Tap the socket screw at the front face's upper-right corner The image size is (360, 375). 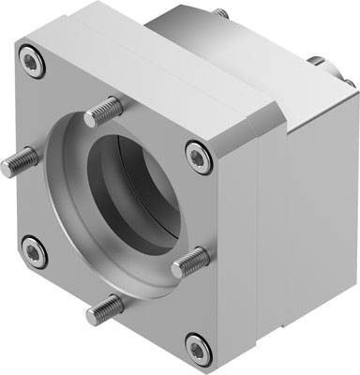pyautogui.click(x=196, y=150)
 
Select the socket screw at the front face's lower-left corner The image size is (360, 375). pyautogui.click(x=34, y=250)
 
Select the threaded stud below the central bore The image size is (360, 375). pyautogui.click(x=105, y=306)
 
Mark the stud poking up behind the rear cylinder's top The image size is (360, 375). pyautogui.click(x=220, y=14)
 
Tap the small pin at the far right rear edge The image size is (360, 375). pyautogui.click(x=350, y=83)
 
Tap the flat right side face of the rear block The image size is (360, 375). pyautogui.click(x=319, y=206)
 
